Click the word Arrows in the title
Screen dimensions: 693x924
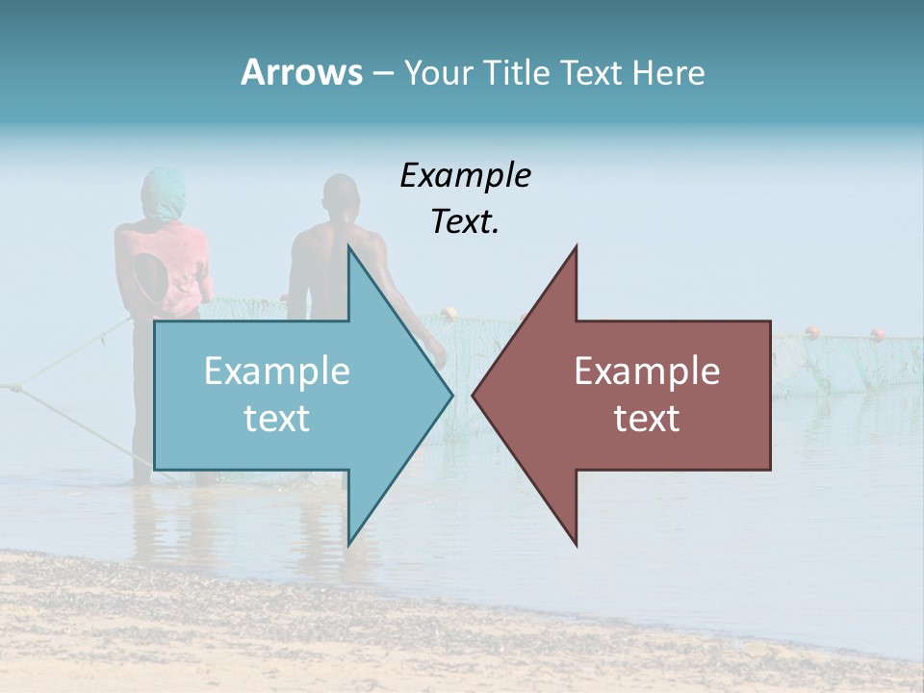(301, 72)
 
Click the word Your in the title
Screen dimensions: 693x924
(439, 73)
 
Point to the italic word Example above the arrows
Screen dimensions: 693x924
(466, 175)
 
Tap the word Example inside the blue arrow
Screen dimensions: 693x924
(277, 372)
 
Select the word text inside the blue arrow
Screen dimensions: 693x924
(277, 419)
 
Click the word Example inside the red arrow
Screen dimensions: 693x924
(647, 372)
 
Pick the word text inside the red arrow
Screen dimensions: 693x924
(647, 419)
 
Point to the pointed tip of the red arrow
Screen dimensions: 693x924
(474, 395)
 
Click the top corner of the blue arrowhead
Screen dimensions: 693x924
(348, 247)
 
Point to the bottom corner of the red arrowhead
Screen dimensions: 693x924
(577, 544)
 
